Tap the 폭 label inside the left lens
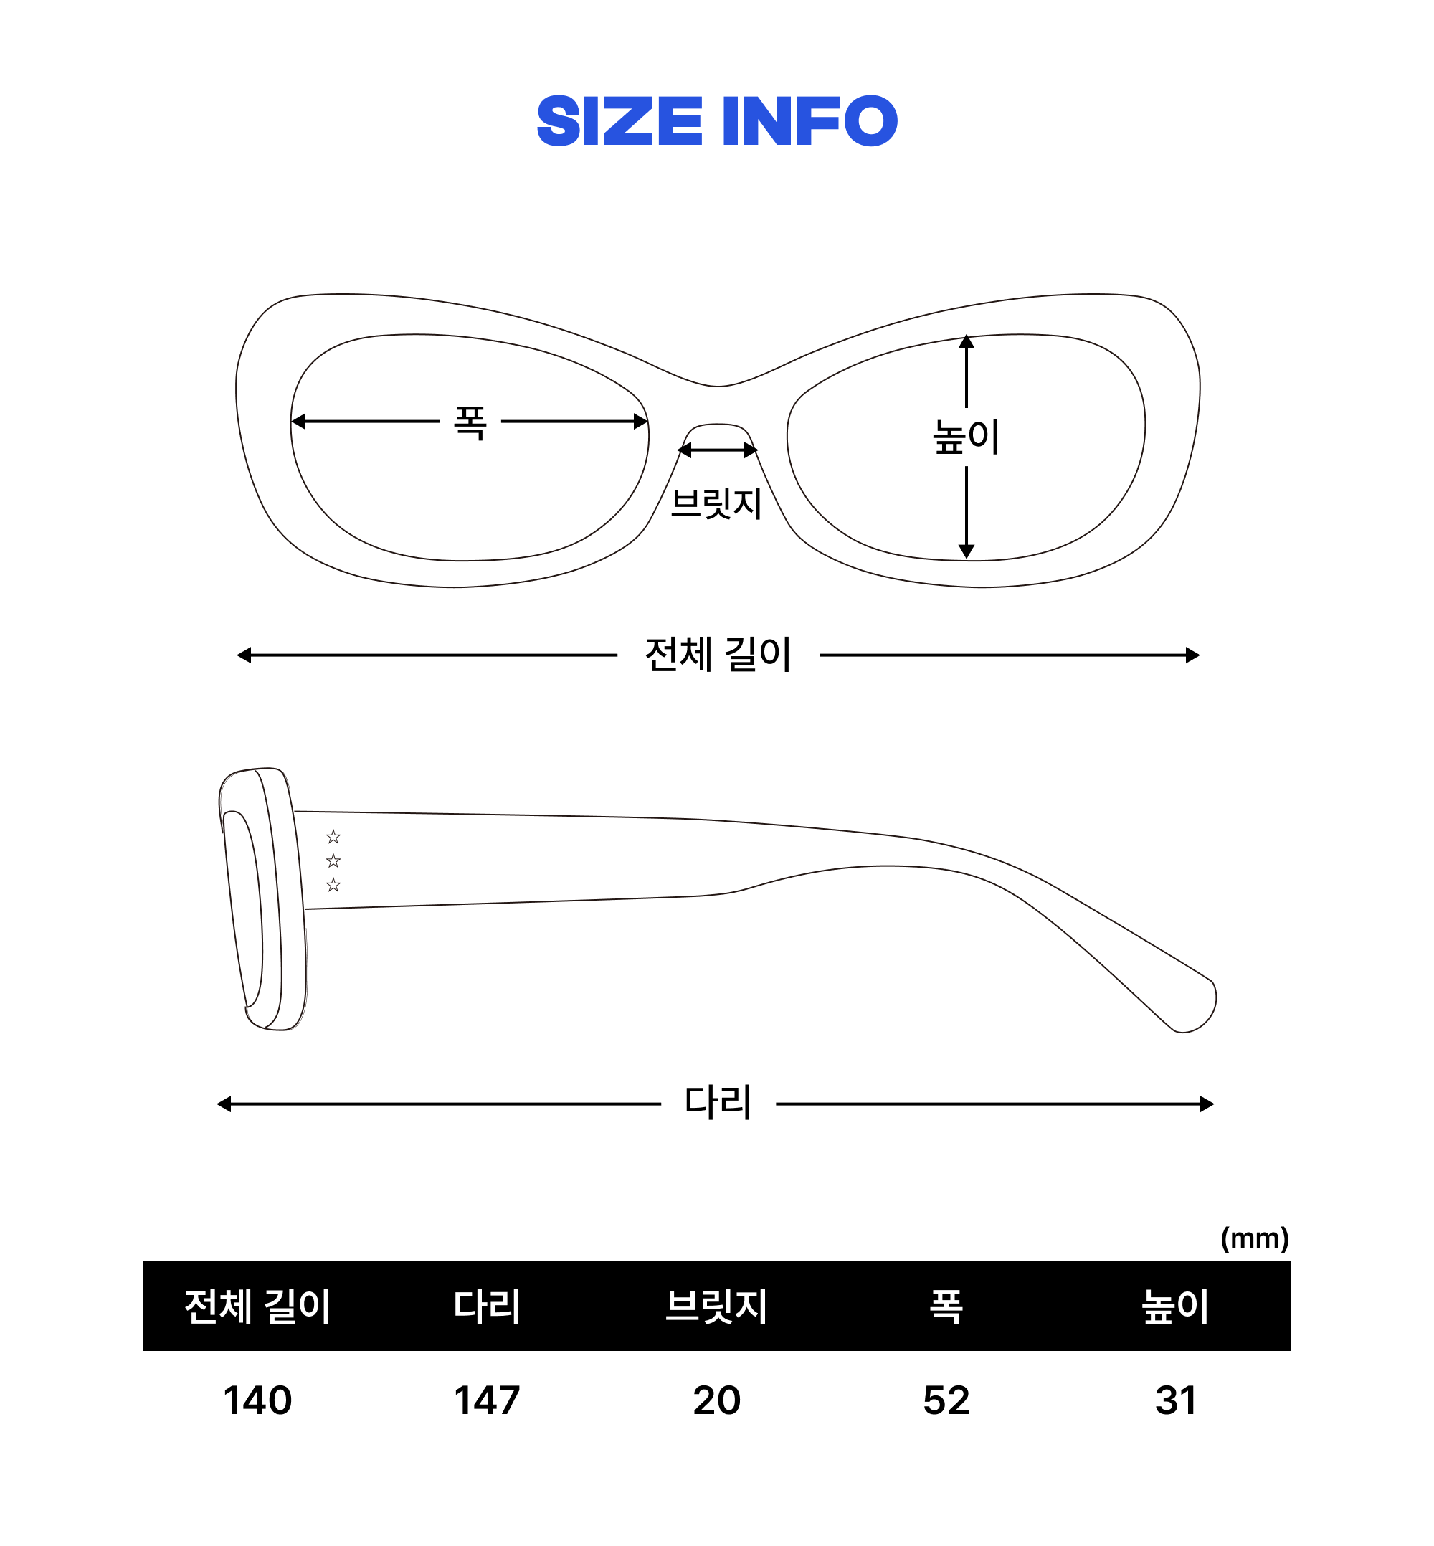pyautogui.click(x=470, y=423)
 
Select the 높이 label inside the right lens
pyautogui.click(x=965, y=436)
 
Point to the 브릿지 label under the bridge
pyautogui.click(x=716, y=503)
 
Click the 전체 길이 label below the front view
pyautogui.click(x=718, y=654)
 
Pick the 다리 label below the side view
pyautogui.click(x=718, y=1103)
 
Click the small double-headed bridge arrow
pyautogui.click(x=718, y=450)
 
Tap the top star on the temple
pyautogui.click(x=333, y=837)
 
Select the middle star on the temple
pyautogui.click(x=333, y=860)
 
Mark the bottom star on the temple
pyautogui.click(x=333, y=885)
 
